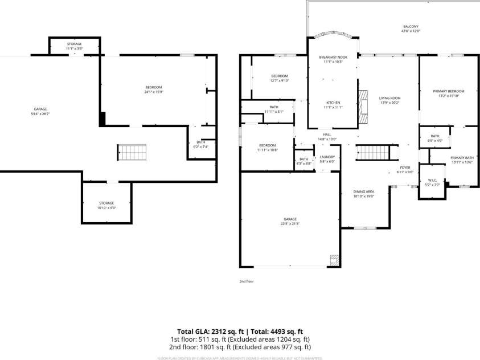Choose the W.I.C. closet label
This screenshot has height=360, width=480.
[x=432, y=182]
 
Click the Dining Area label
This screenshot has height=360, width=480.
[x=363, y=194]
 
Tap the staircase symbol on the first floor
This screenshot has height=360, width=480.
[x=132, y=152]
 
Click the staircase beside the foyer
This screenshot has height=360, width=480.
[x=372, y=152]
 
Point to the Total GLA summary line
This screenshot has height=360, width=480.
[x=240, y=331]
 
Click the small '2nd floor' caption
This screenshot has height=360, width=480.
[x=246, y=281]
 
